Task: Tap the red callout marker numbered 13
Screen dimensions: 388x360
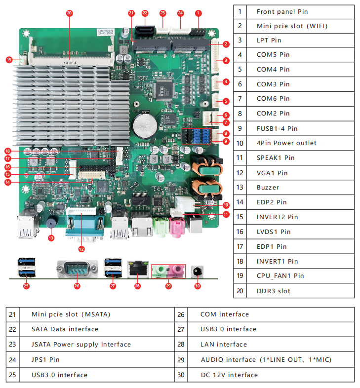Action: tap(51, 237)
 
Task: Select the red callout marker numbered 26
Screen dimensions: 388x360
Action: tap(77, 285)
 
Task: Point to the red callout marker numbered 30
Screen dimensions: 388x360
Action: tap(198, 285)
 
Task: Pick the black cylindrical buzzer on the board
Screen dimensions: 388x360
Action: tap(51, 222)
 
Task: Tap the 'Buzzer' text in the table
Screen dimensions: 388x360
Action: tap(268, 188)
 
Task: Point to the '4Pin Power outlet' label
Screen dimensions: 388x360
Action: tap(286, 143)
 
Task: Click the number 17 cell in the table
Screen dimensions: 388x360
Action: tap(240, 246)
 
